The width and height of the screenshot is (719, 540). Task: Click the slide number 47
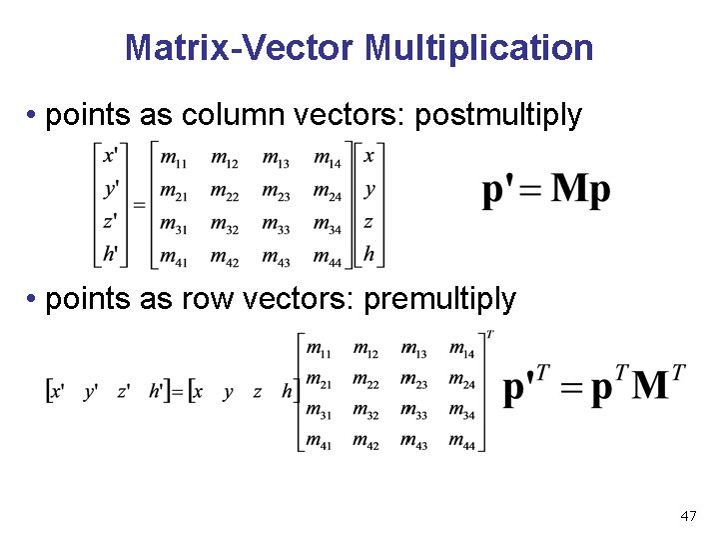(687, 516)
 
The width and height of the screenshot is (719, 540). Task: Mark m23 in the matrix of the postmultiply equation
(276, 190)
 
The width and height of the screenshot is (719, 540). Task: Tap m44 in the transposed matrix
(461, 441)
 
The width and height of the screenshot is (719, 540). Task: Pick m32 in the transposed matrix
(365, 410)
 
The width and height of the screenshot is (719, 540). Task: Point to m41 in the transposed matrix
(319, 441)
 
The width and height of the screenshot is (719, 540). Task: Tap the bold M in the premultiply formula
(652, 387)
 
